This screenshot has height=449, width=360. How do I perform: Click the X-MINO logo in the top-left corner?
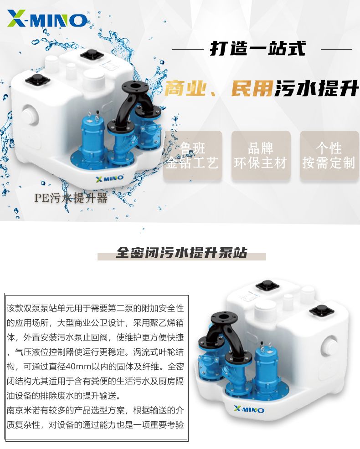[x=47, y=19]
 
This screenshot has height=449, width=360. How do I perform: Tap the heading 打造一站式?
[x=257, y=48]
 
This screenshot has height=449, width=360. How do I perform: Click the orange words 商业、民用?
[x=218, y=88]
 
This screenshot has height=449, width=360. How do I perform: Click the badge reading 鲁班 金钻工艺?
[x=192, y=156]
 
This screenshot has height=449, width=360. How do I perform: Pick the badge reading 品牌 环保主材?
[x=261, y=156]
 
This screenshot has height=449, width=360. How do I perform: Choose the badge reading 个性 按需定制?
[x=329, y=156]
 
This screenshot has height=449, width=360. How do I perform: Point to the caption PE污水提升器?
[x=71, y=198]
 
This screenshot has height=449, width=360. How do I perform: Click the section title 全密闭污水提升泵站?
[x=181, y=253]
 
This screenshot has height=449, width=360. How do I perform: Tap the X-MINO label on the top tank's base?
[x=109, y=178]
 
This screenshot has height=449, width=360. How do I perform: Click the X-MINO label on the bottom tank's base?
[x=249, y=409]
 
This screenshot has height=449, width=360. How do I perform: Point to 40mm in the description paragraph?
[x=79, y=367]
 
